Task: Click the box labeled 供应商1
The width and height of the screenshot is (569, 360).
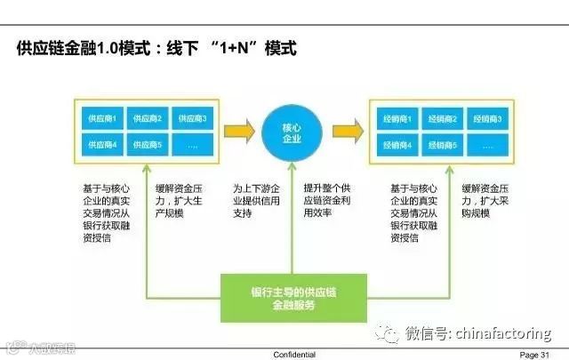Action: tap(101, 118)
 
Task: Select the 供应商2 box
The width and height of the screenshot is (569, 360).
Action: tap(148, 118)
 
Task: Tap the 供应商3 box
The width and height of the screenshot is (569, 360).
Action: tap(192, 118)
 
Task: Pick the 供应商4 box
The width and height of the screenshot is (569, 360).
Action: tap(101, 143)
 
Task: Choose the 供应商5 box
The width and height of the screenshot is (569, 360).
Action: tap(148, 143)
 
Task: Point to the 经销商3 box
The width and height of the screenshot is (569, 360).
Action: tap(486, 118)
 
